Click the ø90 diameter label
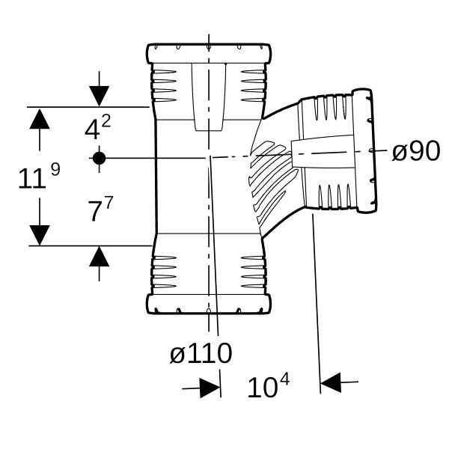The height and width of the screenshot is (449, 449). [415, 150]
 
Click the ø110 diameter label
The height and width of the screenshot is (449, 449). [201, 353]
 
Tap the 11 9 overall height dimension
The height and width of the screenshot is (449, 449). [39, 176]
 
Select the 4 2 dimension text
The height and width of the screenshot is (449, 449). [97, 127]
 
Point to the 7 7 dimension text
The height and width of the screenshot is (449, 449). [100, 209]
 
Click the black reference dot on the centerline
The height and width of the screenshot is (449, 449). [99, 158]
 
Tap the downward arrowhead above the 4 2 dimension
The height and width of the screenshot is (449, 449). [99, 96]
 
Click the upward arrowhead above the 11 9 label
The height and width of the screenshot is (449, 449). [40, 119]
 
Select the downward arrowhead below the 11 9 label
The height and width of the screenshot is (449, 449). [40, 235]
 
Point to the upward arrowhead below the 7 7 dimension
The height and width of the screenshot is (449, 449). [99, 256]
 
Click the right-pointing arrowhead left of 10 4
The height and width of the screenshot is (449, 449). [210, 388]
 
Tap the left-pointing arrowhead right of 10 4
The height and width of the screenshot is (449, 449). [331, 382]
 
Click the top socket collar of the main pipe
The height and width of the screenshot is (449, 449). [209, 54]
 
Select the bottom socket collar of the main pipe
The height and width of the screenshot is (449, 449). [209, 304]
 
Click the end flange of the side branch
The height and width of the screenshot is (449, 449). [364, 150]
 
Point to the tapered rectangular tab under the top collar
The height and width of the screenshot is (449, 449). [209, 97]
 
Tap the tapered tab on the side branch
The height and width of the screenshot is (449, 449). [323, 151]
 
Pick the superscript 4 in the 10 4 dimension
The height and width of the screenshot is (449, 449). [284, 380]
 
